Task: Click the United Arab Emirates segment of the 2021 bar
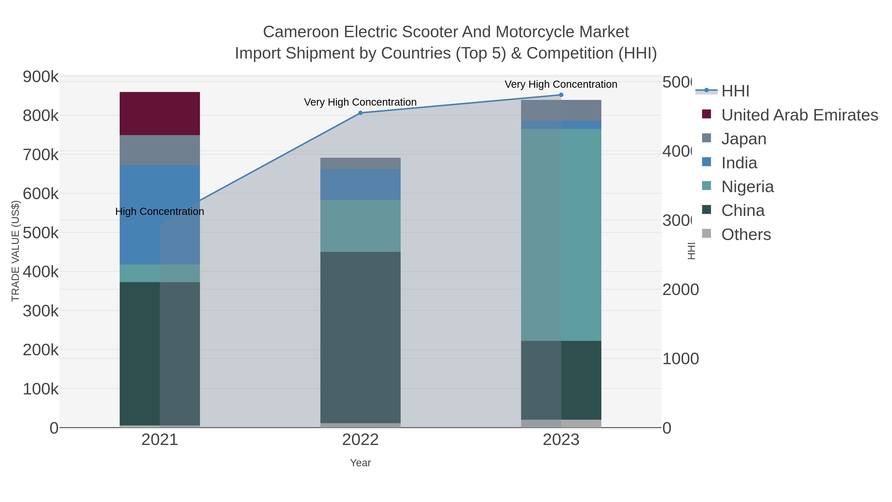pyautogui.click(x=160, y=113)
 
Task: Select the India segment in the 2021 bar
pyautogui.click(x=160, y=215)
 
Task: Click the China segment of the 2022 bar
pyautogui.click(x=360, y=337)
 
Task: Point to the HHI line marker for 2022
pyautogui.click(x=360, y=113)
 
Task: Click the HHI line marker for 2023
pyautogui.click(x=561, y=95)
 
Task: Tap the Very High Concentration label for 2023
pyautogui.click(x=561, y=84)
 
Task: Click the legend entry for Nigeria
pyautogui.click(x=747, y=187)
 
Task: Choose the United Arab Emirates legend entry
pyautogui.click(x=799, y=115)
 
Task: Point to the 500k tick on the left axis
pyautogui.click(x=41, y=233)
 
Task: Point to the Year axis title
pyautogui.click(x=360, y=463)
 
